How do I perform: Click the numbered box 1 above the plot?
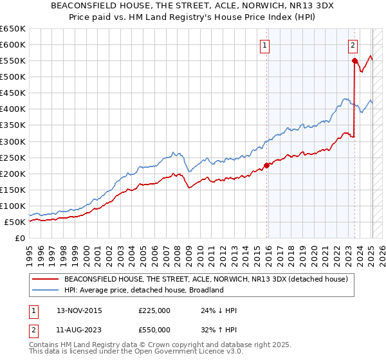coord(266,45)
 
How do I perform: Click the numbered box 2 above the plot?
coord(353,45)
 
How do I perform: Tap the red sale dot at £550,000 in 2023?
coord(354,60)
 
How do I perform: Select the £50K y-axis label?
coord(15,222)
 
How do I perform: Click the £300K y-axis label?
coord(13,141)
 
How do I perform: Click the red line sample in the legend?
coord(46,279)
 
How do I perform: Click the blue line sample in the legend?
coord(46,290)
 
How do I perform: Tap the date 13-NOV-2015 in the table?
coord(79,310)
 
